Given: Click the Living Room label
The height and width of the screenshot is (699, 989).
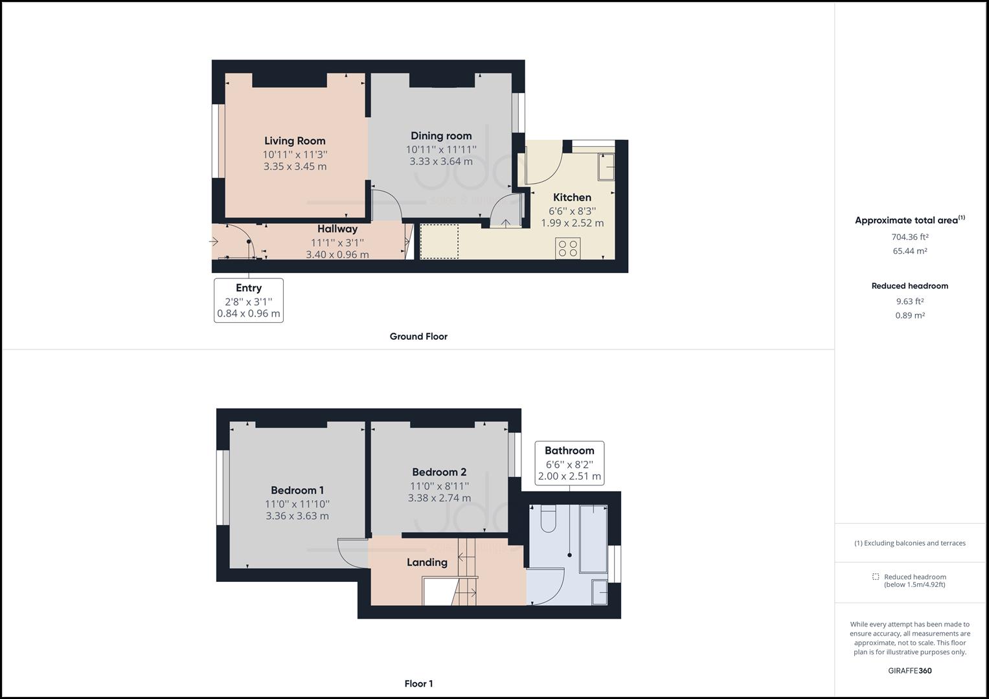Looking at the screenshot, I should click(x=295, y=140).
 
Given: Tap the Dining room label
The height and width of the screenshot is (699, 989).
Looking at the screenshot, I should click(x=441, y=135).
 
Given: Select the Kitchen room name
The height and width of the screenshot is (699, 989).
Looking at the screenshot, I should click(x=572, y=197).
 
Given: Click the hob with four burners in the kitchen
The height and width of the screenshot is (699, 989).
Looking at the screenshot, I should click(x=568, y=249).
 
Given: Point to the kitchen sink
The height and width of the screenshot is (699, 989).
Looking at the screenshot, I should click(x=606, y=166).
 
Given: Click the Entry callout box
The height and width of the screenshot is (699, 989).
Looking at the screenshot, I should click(x=249, y=300).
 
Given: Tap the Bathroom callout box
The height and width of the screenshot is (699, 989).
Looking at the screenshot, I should click(x=569, y=463).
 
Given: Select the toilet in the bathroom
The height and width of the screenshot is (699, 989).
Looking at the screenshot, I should click(x=547, y=518).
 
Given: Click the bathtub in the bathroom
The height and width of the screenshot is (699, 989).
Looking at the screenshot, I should click(x=593, y=538).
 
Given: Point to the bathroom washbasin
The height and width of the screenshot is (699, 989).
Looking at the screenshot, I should click(x=600, y=592).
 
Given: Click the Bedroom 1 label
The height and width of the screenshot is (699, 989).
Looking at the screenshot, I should click(x=297, y=490).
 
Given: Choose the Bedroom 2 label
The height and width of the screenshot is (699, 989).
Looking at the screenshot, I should click(x=439, y=472).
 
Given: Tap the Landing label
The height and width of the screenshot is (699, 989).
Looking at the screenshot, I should click(x=427, y=562).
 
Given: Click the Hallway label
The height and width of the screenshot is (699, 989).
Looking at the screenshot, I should click(x=337, y=228).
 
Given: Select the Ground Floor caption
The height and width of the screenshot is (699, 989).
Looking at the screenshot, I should click(x=418, y=337).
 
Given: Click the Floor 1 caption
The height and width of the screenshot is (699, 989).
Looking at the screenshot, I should click(x=418, y=683).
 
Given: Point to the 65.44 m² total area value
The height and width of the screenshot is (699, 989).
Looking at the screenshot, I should click(x=909, y=251).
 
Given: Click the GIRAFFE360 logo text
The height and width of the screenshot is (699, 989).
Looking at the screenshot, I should click(x=909, y=671).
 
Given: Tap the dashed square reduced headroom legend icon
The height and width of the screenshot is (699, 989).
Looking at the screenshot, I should click(x=876, y=577).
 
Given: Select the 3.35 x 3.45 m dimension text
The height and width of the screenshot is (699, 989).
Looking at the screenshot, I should click(x=295, y=166).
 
